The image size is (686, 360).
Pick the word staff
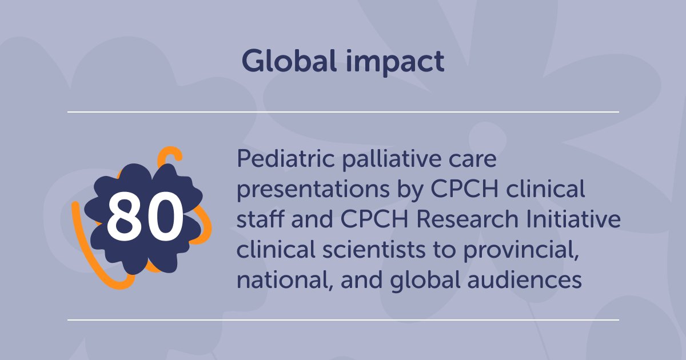[259, 221]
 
